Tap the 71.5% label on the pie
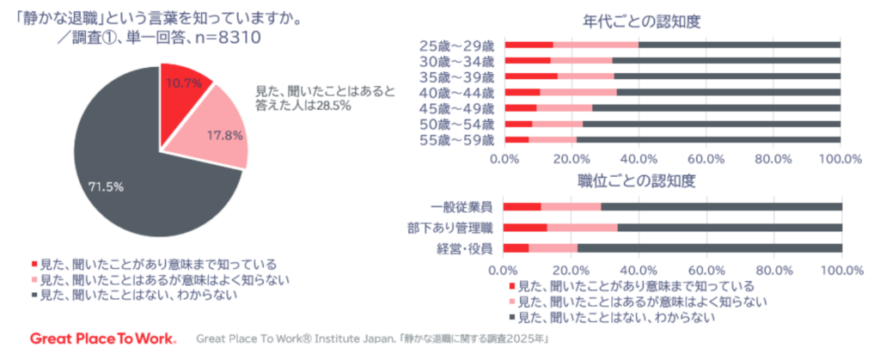point(112,185)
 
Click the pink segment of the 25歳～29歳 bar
point(596,45)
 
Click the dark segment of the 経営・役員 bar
point(709,248)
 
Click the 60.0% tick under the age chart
point(705,159)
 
